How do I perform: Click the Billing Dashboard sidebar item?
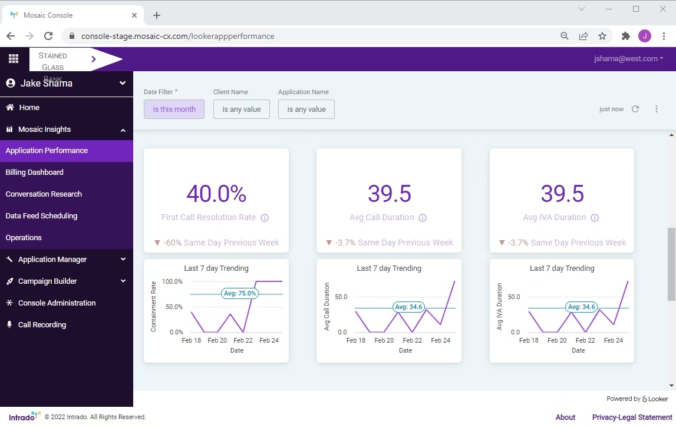(34, 172)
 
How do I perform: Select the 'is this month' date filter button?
(174, 110)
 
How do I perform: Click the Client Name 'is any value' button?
(241, 110)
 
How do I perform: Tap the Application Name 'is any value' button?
(306, 110)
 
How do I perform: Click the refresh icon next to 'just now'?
(635, 109)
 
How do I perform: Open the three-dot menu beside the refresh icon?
(657, 109)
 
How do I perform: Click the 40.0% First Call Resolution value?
(216, 194)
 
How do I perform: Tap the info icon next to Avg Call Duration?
(423, 218)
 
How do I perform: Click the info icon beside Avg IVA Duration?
(595, 218)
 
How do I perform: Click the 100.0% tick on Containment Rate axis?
(172, 282)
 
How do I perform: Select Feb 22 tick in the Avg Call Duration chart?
(412, 340)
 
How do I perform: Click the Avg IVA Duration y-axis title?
(499, 306)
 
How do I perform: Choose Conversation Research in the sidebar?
(44, 194)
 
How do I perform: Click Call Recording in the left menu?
(42, 325)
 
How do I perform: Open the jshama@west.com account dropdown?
(628, 59)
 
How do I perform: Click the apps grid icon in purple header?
(14, 59)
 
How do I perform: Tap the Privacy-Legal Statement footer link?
(632, 417)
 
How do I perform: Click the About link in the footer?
(565, 417)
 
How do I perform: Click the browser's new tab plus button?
(157, 15)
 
